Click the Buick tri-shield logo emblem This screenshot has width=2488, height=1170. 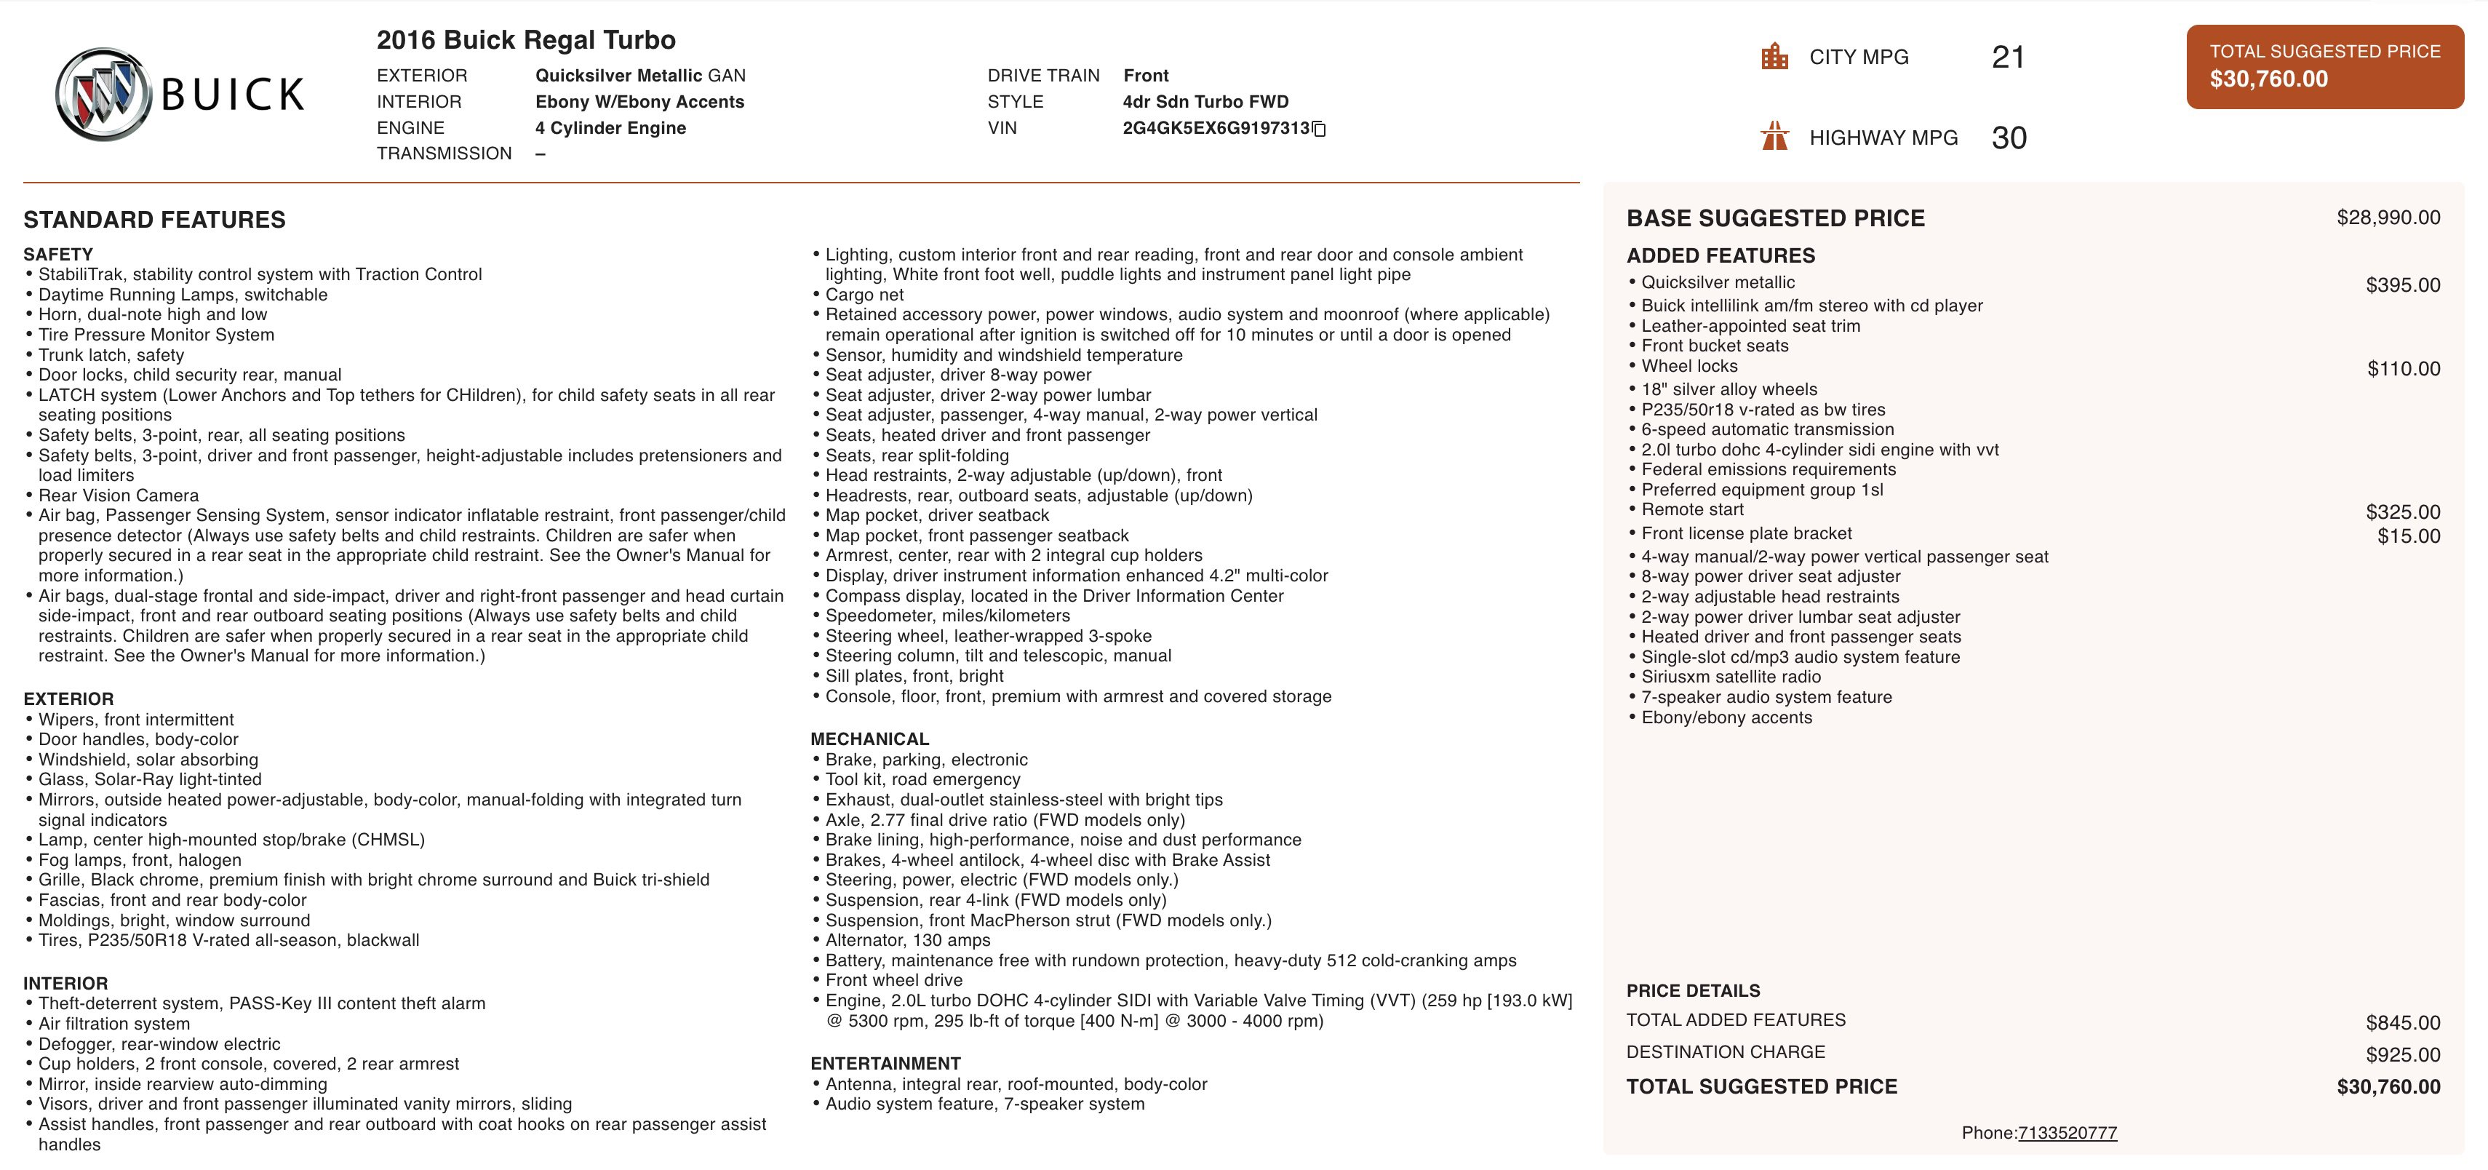tap(103, 95)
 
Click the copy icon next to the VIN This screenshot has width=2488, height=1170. tap(1320, 129)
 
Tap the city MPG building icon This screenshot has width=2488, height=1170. tap(1774, 57)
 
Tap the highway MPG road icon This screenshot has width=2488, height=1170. tap(1774, 136)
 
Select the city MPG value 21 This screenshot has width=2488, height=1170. tap(2007, 57)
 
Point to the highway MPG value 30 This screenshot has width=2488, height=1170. tap(2008, 138)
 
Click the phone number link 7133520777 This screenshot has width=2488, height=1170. tap(2067, 1132)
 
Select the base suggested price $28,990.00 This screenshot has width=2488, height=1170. tap(2388, 218)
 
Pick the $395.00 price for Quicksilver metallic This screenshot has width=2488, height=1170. tap(2402, 285)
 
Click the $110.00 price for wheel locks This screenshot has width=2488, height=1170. tap(2403, 368)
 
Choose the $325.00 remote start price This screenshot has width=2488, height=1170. tap(2402, 512)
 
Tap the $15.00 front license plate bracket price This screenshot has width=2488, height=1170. tap(2408, 536)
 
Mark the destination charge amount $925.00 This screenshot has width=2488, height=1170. tap(2402, 1054)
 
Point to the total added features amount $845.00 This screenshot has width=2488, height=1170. tap(2402, 1022)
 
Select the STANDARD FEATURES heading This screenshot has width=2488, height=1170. tap(154, 219)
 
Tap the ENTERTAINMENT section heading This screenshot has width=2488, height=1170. tap(885, 1063)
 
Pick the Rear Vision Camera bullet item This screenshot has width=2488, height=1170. tap(119, 496)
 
